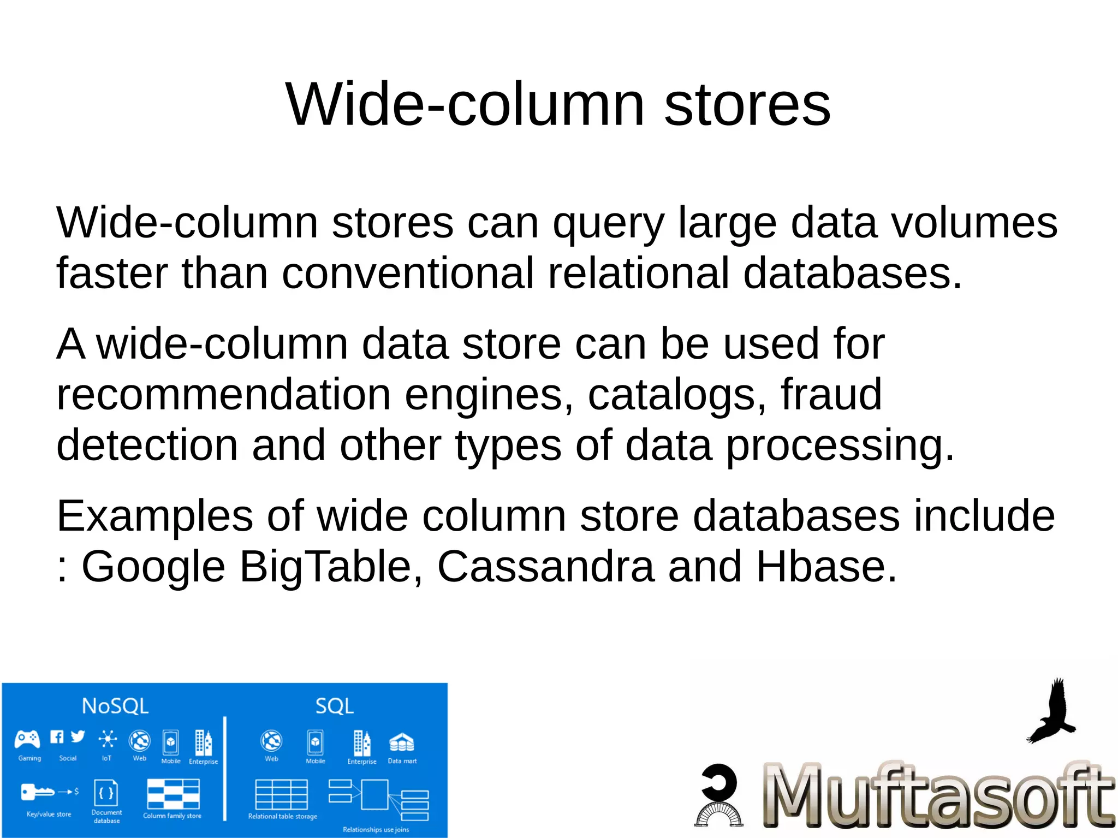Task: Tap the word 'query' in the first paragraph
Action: click(x=608, y=224)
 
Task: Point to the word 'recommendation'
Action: click(x=223, y=395)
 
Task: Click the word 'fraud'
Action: click(x=831, y=395)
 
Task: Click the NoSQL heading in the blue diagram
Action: click(x=115, y=706)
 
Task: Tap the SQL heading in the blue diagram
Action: click(x=334, y=706)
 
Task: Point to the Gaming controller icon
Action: click(x=27, y=739)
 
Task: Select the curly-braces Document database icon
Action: click(x=106, y=793)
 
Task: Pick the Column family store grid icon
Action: click(x=173, y=794)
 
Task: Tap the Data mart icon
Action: click(x=401, y=742)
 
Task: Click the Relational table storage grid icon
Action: click(x=282, y=794)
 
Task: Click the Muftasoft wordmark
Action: click(x=938, y=795)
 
